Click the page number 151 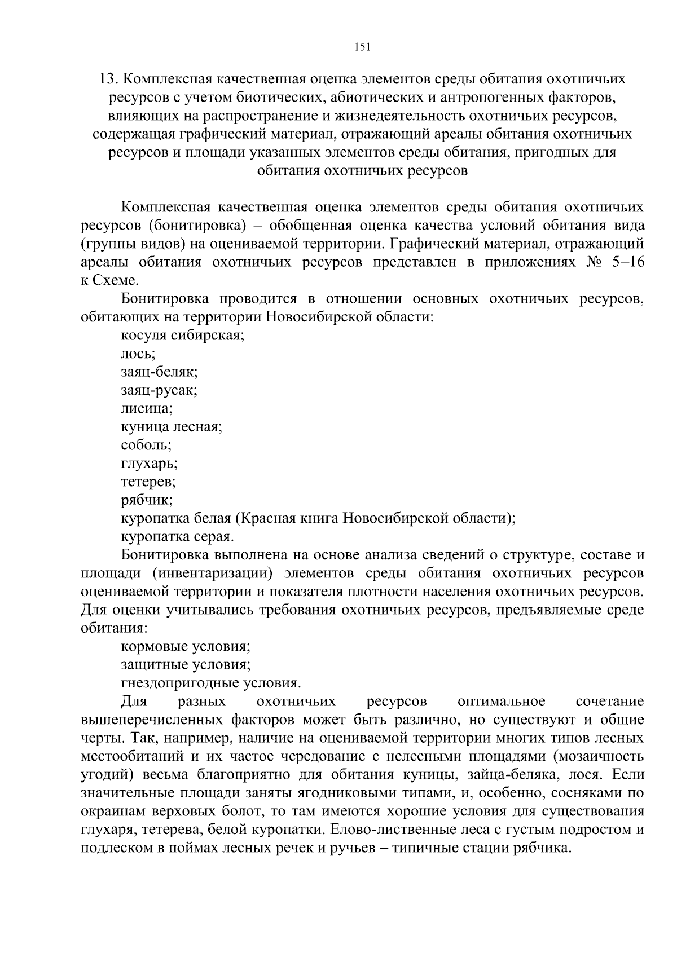362,47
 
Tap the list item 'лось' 138,354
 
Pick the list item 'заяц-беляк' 159,372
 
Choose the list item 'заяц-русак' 159,390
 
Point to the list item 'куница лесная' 172,427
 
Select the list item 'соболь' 146,445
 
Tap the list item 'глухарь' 149,464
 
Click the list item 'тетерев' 148,482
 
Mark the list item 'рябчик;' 147,500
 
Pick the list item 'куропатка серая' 177,536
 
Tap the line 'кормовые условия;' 186,647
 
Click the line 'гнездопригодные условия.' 210,683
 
